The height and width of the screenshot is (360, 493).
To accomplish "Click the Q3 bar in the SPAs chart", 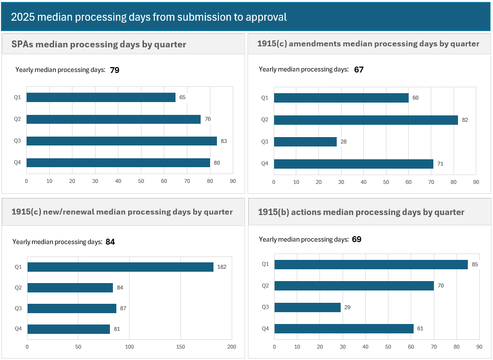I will point(121,141).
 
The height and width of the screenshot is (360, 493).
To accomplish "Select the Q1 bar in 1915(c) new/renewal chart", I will point(120,267).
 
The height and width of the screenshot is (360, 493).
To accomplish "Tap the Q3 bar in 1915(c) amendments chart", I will point(305,142).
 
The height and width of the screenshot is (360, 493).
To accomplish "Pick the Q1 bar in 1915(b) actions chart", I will point(371,264).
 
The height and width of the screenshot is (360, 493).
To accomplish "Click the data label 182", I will point(222,267).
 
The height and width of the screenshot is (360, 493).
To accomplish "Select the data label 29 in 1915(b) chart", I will point(348,307).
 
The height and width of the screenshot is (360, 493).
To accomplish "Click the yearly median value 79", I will point(114,70).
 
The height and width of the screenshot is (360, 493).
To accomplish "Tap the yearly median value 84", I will point(110,242).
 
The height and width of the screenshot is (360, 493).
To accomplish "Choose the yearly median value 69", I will point(356,239).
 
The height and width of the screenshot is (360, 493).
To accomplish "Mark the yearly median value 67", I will point(358,70).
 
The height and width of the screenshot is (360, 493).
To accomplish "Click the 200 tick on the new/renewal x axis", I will point(232,347).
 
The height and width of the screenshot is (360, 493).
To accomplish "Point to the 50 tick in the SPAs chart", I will point(141,181).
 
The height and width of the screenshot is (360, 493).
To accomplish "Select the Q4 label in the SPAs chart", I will point(17,163).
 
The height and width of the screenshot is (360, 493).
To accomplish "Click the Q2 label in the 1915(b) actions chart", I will point(265,286).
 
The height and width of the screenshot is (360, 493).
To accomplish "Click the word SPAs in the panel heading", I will point(23,44).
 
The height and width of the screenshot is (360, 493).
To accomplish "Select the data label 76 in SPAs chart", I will point(208,119).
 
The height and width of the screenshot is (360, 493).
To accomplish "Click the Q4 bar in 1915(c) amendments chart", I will point(353,164).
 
